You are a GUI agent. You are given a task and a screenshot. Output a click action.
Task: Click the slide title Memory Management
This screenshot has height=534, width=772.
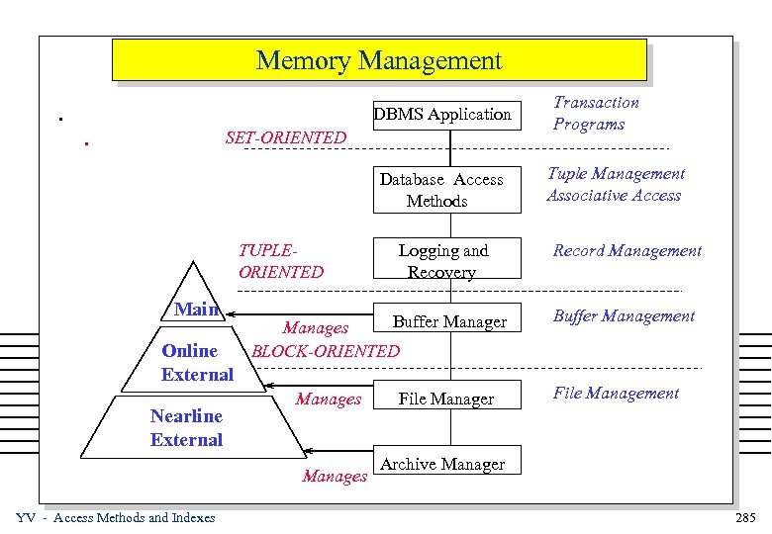tap(379, 60)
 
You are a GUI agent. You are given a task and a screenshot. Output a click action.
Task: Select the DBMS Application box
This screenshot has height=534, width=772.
tap(442, 114)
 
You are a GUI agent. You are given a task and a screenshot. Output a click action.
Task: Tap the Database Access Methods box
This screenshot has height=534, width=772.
tap(442, 190)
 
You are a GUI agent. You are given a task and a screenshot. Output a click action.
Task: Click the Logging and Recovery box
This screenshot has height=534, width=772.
tap(442, 261)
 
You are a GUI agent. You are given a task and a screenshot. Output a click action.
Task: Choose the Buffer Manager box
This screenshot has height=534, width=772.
tap(448, 321)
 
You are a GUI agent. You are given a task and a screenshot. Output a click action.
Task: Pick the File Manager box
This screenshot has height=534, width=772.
tap(445, 399)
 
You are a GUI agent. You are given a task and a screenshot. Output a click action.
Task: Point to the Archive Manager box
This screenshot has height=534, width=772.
tap(442, 464)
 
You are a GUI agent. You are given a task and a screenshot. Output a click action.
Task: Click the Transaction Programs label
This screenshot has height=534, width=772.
tap(595, 113)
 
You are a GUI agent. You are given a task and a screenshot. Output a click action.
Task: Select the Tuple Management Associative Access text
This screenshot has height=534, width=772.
tap(615, 184)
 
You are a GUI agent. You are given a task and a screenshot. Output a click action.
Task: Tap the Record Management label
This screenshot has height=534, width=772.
tap(627, 251)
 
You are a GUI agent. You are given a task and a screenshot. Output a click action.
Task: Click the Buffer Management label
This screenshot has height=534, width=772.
tap(624, 316)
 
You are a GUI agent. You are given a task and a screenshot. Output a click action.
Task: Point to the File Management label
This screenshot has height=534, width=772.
tap(616, 394)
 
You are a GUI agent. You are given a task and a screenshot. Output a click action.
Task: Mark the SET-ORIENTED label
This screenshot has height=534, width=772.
tap(286, 137)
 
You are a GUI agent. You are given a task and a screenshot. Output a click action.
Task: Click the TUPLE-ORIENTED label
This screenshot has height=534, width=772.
tap(280, 261)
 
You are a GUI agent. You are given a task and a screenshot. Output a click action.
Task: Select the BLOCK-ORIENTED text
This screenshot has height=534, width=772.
tap(326, 350)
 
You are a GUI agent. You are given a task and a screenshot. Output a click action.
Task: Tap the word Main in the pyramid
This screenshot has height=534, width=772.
tap(197, 310)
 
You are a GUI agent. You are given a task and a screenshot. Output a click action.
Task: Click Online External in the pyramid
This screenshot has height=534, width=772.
tap(197, 362)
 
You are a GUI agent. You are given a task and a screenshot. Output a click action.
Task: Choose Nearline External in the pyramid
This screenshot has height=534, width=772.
tap(186, 427)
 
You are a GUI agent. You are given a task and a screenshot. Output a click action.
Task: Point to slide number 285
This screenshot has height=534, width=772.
tap(744, 518)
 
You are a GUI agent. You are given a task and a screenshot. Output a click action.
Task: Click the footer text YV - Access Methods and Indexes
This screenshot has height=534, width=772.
tap(116, 518)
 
